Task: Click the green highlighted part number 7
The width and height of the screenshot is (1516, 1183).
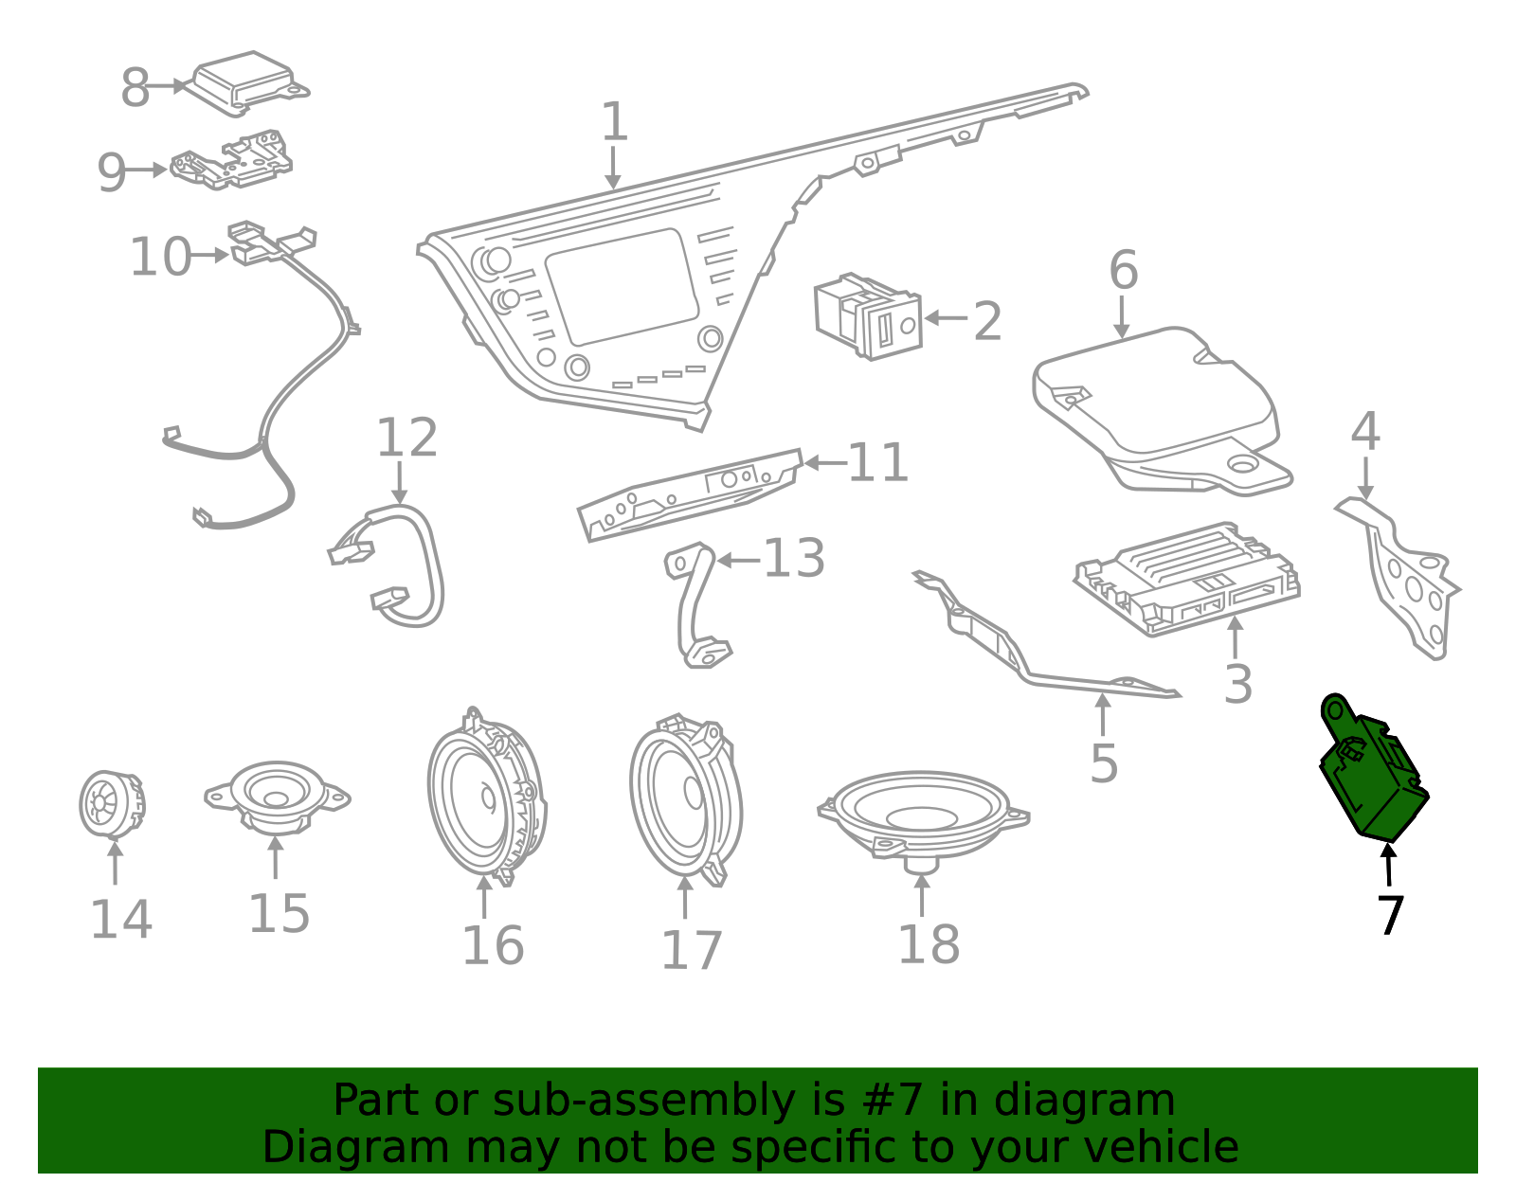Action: pos(1372,770)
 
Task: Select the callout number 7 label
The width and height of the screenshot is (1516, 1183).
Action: pos(1390,915)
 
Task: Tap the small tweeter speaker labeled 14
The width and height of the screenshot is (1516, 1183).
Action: pos(112,804)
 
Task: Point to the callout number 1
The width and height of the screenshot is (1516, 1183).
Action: pos(613,120)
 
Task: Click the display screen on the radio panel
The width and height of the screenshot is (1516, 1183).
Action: pos(622,287)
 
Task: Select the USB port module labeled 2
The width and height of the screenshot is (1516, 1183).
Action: pos(867,315)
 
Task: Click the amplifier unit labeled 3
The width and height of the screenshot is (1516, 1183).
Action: pos(1186,579)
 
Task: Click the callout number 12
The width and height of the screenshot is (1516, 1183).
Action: pos(406,437)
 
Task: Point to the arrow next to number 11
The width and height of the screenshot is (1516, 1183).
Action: pos(825,462)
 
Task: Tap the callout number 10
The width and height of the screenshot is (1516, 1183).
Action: pos(160,257)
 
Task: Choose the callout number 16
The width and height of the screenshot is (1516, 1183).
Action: pos(493,945)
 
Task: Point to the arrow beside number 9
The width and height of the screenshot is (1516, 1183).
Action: pos(146,170)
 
